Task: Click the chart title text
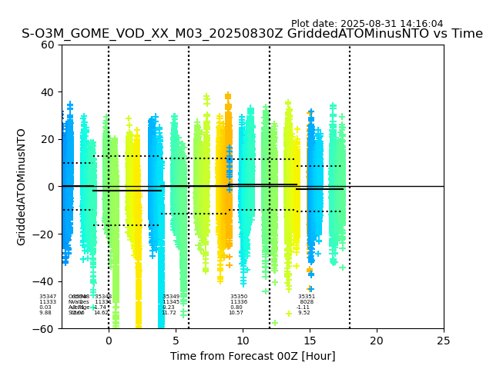(x=252, y=34)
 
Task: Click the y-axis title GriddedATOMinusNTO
(x=22, y=187)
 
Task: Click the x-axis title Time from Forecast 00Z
(x=253, y=356)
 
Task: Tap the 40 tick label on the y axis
(x=48, y=92)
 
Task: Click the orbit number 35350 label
(x=239, y=297)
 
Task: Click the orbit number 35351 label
(x=307, y=297)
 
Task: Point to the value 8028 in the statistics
(x=307, y=302)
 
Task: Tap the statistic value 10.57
(x=236, y=313)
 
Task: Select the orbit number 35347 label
(x=48, y=297)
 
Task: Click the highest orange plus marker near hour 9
(x=228, y=97)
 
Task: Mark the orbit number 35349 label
(x=171, y=297)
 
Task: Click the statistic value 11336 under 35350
(x=239, y=302)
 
